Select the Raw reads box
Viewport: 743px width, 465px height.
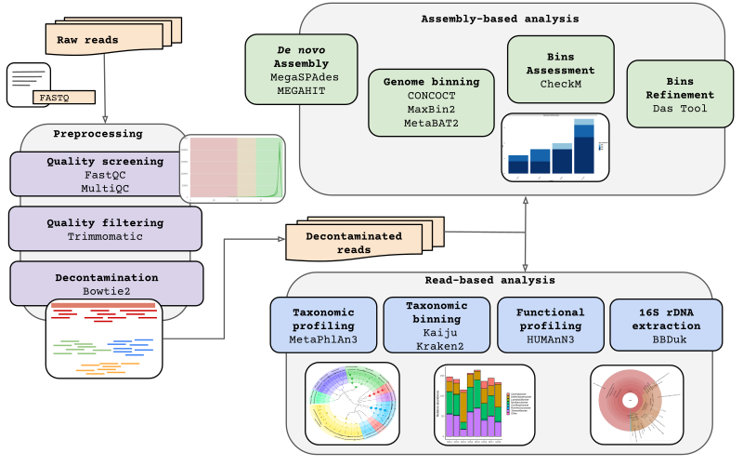tap(88, 39)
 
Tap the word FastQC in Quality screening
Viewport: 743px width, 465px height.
tap(104, 176)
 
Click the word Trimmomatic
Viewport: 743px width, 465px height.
tap(105, 237)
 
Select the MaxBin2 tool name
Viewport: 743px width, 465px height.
tap(431, 109)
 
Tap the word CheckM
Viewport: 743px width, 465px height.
tap(560, 84)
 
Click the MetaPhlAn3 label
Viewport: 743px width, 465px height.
tap(323, 340)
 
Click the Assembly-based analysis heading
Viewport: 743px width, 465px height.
tap(500, 19)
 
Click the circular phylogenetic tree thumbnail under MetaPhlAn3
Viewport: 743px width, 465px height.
tap(352, 403)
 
